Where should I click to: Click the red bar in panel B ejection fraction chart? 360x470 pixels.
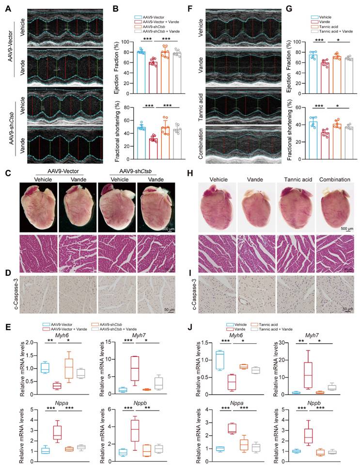153,63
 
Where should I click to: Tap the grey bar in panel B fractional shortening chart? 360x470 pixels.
177,143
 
